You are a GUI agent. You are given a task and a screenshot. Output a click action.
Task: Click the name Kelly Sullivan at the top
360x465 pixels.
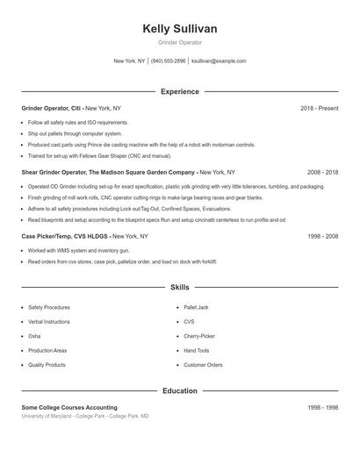179,29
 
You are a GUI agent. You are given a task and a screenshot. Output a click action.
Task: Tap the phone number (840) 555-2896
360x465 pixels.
169,61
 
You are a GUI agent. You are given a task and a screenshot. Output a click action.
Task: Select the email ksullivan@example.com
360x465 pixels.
219,61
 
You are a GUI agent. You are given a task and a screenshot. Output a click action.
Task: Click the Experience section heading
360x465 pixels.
179,91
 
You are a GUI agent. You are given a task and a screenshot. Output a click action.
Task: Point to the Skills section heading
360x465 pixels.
179,287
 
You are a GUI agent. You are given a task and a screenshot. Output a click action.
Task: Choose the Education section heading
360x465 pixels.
179,390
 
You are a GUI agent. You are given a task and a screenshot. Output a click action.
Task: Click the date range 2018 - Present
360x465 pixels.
319,108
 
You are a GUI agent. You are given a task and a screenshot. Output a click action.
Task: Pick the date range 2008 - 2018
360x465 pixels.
322,173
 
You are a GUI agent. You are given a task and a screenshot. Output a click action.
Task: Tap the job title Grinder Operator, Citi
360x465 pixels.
52,108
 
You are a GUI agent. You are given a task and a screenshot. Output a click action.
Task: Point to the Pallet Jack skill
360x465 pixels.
197,307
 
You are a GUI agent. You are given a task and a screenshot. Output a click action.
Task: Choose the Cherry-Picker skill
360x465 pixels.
199,336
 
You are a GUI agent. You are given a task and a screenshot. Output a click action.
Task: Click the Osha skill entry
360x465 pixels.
34,336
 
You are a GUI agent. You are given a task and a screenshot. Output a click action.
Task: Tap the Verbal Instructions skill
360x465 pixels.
49,322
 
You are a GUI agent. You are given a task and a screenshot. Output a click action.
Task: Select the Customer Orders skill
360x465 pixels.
203,364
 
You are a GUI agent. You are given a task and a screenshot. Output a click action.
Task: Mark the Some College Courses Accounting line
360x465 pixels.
69,408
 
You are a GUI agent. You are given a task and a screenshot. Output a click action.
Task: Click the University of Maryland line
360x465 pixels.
85,416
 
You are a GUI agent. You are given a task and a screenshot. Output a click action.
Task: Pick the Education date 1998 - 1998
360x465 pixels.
322,408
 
